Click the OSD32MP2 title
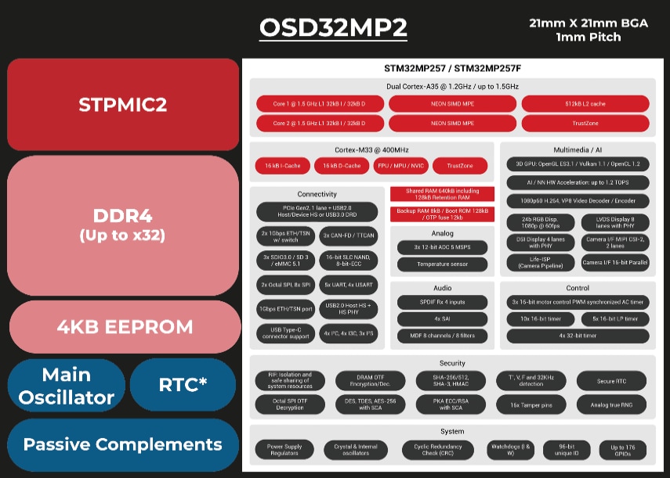333,27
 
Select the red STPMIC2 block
123,104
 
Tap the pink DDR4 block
123,224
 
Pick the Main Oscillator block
67,386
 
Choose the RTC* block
183,384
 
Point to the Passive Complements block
123,444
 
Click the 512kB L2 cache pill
585,103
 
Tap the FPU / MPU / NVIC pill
400,166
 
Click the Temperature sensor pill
442,264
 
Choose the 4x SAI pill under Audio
442,319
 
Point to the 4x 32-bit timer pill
578,336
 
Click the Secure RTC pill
612,381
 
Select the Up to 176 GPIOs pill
623,450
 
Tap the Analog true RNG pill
612,405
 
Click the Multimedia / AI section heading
578,149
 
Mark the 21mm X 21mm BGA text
589,23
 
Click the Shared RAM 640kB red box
442,194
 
